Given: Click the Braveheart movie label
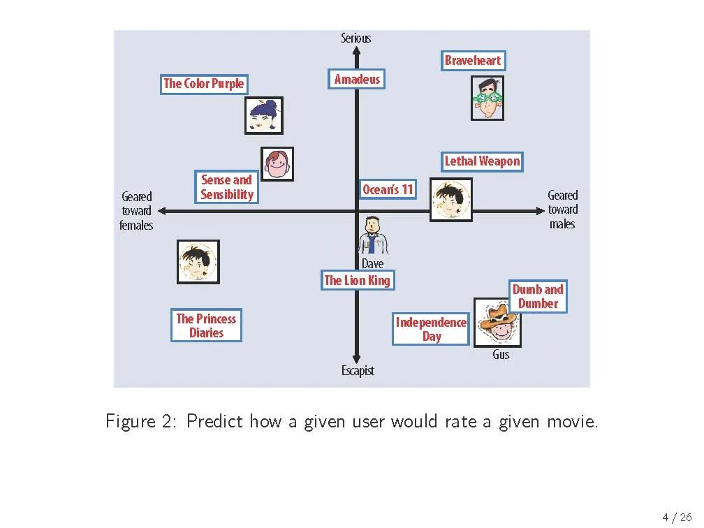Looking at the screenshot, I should point(473,61).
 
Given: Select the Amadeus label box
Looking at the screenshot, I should point(357,80).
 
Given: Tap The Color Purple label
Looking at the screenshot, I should point(204,84).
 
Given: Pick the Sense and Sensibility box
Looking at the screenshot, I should point(227,187).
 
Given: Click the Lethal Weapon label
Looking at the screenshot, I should point(482,161).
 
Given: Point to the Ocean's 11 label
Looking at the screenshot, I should point(388,189).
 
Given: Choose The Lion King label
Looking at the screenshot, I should point(358,281).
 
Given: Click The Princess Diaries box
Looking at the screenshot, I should point(206,325).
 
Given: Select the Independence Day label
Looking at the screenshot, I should point(431,329).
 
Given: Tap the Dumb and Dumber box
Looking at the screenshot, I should point(538,296).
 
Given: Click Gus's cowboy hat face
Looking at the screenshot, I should point(497,322).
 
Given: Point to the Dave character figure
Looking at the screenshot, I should point(372,235).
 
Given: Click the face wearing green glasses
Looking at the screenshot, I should point(487,98).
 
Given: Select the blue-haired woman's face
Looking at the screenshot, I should point(264,115).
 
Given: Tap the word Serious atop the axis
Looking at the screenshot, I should point(355,38).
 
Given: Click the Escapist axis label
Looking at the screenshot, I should point(358,371).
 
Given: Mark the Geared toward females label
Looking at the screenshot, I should point(136,211).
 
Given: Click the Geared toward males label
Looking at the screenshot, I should point(562,210).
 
